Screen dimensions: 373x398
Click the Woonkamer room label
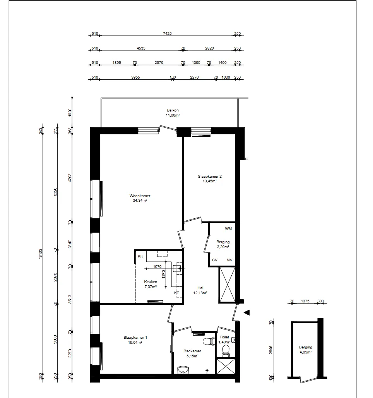140,198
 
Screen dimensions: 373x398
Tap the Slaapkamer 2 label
210,179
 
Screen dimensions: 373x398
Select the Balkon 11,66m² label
173,113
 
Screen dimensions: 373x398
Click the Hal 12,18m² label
200,290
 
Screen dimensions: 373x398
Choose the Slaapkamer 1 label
135,340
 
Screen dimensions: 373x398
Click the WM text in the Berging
228,229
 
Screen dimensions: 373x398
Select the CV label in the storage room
215,260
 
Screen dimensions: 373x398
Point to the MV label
229,260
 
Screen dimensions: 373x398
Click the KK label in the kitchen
140,256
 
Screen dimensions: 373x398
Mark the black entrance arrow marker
246,312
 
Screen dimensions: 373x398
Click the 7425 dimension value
167,33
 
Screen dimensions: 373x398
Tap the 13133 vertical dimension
40,254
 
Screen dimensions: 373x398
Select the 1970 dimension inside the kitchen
157,266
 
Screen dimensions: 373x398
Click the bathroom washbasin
183,370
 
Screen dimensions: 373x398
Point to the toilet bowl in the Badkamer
209,341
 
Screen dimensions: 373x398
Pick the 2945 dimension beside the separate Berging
271,350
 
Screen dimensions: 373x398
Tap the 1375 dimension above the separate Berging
305,301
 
